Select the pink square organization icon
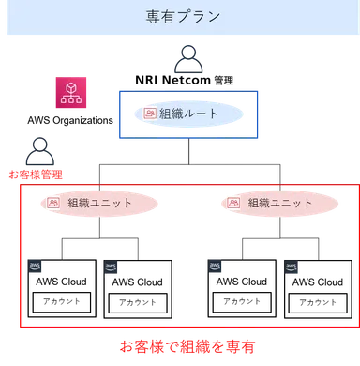[70, 92]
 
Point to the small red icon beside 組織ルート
[151, 114]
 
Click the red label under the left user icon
[37, 173]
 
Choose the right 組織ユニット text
[281, 202]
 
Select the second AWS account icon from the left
[112, 267]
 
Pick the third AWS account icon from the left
[217, 266]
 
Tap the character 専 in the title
[155, 17]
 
